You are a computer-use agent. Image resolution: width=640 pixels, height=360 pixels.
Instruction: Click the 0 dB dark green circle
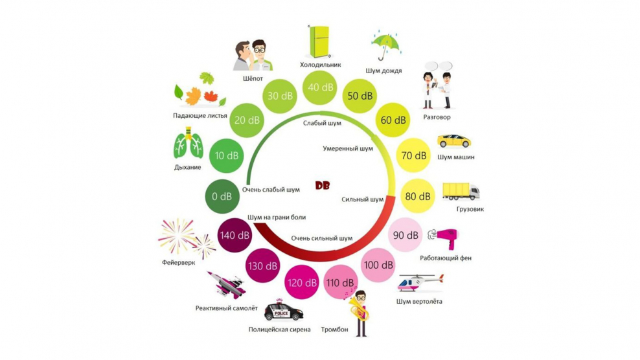[222, 197]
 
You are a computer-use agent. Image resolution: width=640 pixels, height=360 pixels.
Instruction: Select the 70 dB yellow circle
[414, 156]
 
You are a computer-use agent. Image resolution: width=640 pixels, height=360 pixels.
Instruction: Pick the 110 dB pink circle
[339, 283]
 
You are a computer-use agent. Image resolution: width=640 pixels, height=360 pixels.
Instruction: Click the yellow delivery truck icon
[461, 192]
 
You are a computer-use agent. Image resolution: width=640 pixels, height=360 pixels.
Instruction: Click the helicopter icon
[420, 282]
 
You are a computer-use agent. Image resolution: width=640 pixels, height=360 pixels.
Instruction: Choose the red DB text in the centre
[323, 185]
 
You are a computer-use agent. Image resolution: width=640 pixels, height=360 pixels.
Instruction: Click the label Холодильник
[320, 65]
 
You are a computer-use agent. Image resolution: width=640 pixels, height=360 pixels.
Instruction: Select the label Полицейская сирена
[279, 330]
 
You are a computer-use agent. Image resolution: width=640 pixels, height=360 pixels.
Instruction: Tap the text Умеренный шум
[348, 148]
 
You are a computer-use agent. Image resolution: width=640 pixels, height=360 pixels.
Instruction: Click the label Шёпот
[251, 78]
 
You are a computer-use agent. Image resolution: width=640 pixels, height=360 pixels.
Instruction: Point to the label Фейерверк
[178, 262]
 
